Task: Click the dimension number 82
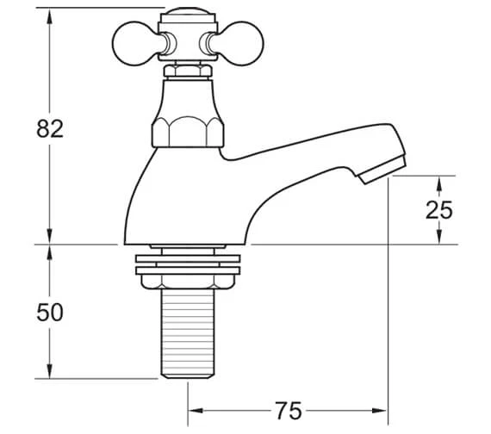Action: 50,128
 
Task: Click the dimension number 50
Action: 50,313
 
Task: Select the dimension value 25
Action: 439,210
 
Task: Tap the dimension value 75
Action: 289,411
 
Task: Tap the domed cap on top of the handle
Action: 187,12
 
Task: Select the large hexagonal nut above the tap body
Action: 188,132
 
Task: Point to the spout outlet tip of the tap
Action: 382,170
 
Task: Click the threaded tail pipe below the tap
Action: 188,333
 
